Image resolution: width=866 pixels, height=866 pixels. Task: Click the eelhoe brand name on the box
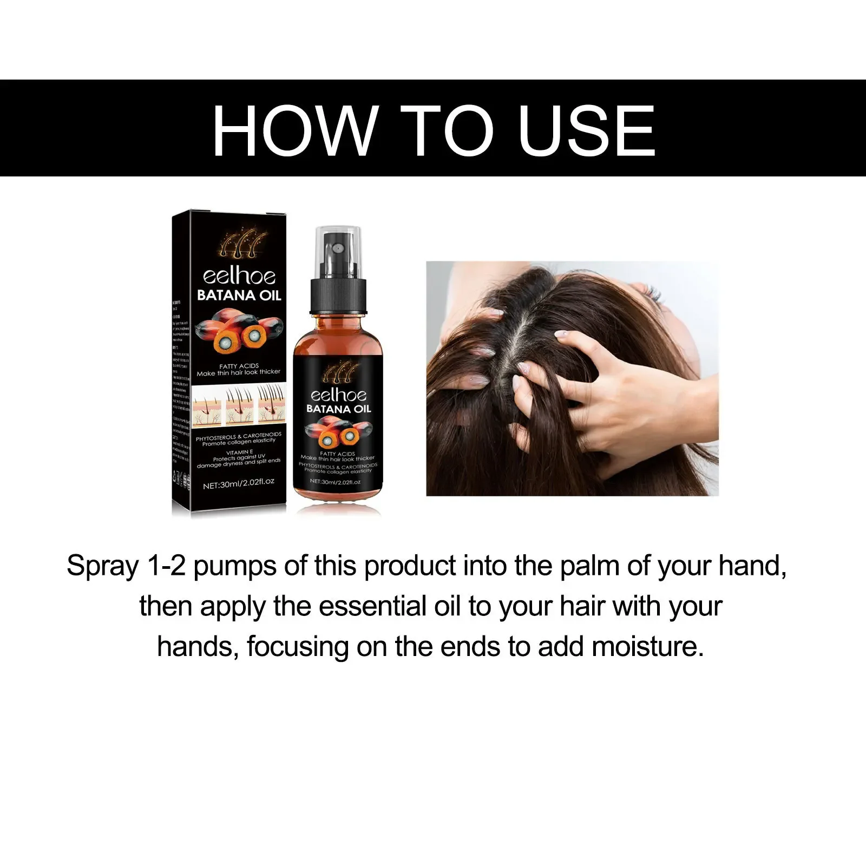click(239, 277)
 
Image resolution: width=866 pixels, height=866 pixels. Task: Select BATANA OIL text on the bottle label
click(338, 409)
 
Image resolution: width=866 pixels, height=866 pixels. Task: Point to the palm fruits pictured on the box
click(239, 330)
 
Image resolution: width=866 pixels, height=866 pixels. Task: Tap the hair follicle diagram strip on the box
click(239, 403)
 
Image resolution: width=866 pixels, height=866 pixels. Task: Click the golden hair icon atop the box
click(242, 244)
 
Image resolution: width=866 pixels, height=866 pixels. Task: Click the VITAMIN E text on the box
click(239, 451)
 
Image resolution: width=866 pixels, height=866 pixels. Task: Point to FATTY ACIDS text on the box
click(239, 366)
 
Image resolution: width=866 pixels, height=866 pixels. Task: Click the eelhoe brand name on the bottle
click(338, 395)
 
